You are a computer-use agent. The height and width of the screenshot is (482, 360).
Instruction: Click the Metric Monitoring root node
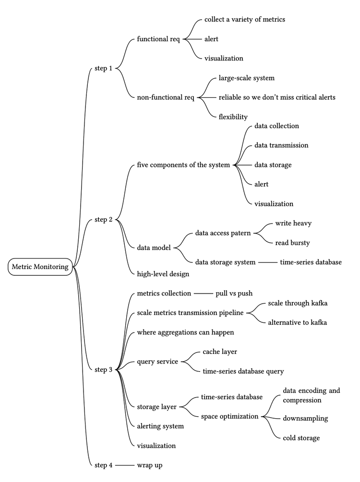click(40, 267)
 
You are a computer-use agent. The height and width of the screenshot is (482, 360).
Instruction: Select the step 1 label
click(103, 68)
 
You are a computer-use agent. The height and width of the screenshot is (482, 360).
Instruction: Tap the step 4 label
click(103, 465)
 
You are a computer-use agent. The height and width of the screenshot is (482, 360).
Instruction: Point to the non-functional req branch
click(166, 97)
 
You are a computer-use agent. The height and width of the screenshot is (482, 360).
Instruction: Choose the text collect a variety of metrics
click(245, 20)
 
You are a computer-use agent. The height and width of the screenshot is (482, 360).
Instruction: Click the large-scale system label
click(246, 78)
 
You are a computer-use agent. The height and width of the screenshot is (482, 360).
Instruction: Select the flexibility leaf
click(233, 117)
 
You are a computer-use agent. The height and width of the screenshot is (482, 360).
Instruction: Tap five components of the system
click(183, 165)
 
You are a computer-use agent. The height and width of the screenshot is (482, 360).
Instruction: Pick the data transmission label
click(281, 145)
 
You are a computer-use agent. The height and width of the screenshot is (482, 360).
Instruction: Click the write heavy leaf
click(293, 223)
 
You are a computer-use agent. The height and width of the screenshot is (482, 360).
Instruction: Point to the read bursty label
click(292, 243)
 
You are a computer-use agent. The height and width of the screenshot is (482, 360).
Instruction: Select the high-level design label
click(163, 274)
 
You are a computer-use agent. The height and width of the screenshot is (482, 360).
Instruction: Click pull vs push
click(234, 293)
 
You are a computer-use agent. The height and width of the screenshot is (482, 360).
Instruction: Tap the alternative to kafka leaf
click(298, 322)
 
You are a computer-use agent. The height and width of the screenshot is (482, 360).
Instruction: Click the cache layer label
click(220, 352)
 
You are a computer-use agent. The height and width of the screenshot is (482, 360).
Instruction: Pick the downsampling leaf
click(305, 418)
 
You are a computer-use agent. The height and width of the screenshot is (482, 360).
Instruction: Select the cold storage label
click(301, 438)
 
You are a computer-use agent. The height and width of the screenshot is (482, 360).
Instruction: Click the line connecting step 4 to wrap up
click(124, 465)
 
